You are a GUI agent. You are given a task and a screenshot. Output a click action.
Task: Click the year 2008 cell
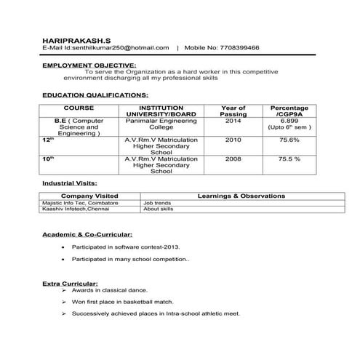coord(233,158)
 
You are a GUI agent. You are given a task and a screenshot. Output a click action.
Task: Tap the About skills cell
coord(159,209)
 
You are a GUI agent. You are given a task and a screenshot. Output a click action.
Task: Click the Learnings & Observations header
coord(241,196)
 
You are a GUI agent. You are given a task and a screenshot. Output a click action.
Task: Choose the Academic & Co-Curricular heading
coord(87,235)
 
